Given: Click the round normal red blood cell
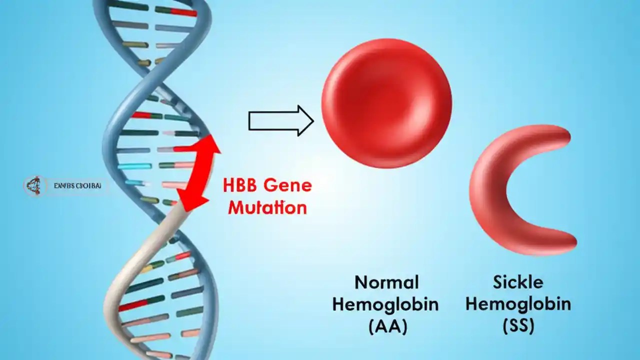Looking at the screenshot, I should pos(386,103).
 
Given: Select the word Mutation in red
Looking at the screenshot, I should pos(267,207).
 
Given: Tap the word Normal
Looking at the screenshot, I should pos(386,282).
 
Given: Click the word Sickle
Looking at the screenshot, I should pos(518,282).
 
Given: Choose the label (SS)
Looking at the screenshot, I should pos(518,326).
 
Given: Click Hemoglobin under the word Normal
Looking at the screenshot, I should pos(386,304).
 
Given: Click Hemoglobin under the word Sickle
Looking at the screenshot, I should pos(518,304).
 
